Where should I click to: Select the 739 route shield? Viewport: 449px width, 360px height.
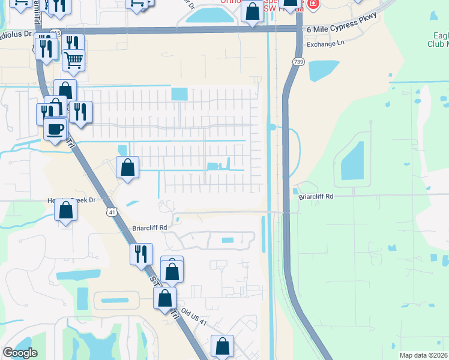[298, 62]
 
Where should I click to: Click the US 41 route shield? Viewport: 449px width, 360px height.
[112, 212]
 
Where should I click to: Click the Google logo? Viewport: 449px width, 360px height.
[20, 353]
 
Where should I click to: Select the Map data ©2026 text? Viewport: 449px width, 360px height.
[424, 355]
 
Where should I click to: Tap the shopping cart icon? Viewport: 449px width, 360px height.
[73, 59]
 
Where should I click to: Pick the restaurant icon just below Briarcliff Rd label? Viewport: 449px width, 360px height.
[141, 253]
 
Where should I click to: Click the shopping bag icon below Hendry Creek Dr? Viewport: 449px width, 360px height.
[65, 210]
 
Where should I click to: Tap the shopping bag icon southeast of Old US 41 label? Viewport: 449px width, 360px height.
[222, 345]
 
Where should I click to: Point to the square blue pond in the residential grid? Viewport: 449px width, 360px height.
[179, 94]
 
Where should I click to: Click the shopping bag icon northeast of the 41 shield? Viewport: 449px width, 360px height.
[127, 167]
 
